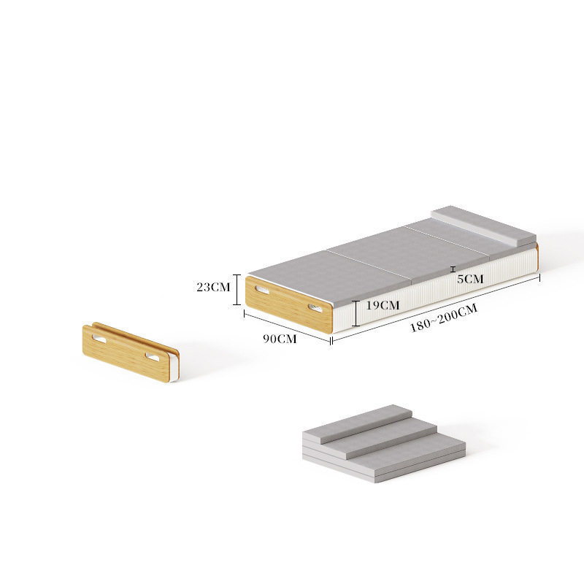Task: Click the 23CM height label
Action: coord(213,287)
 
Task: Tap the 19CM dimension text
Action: coord(383,305)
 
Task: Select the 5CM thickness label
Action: coord(470,279)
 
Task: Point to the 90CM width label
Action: coord(280,339)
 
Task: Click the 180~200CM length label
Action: coord(444,318)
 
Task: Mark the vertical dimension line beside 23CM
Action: coord(237,289)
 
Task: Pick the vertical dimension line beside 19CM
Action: coord(356,313)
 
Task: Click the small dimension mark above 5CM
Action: coord(453,269)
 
